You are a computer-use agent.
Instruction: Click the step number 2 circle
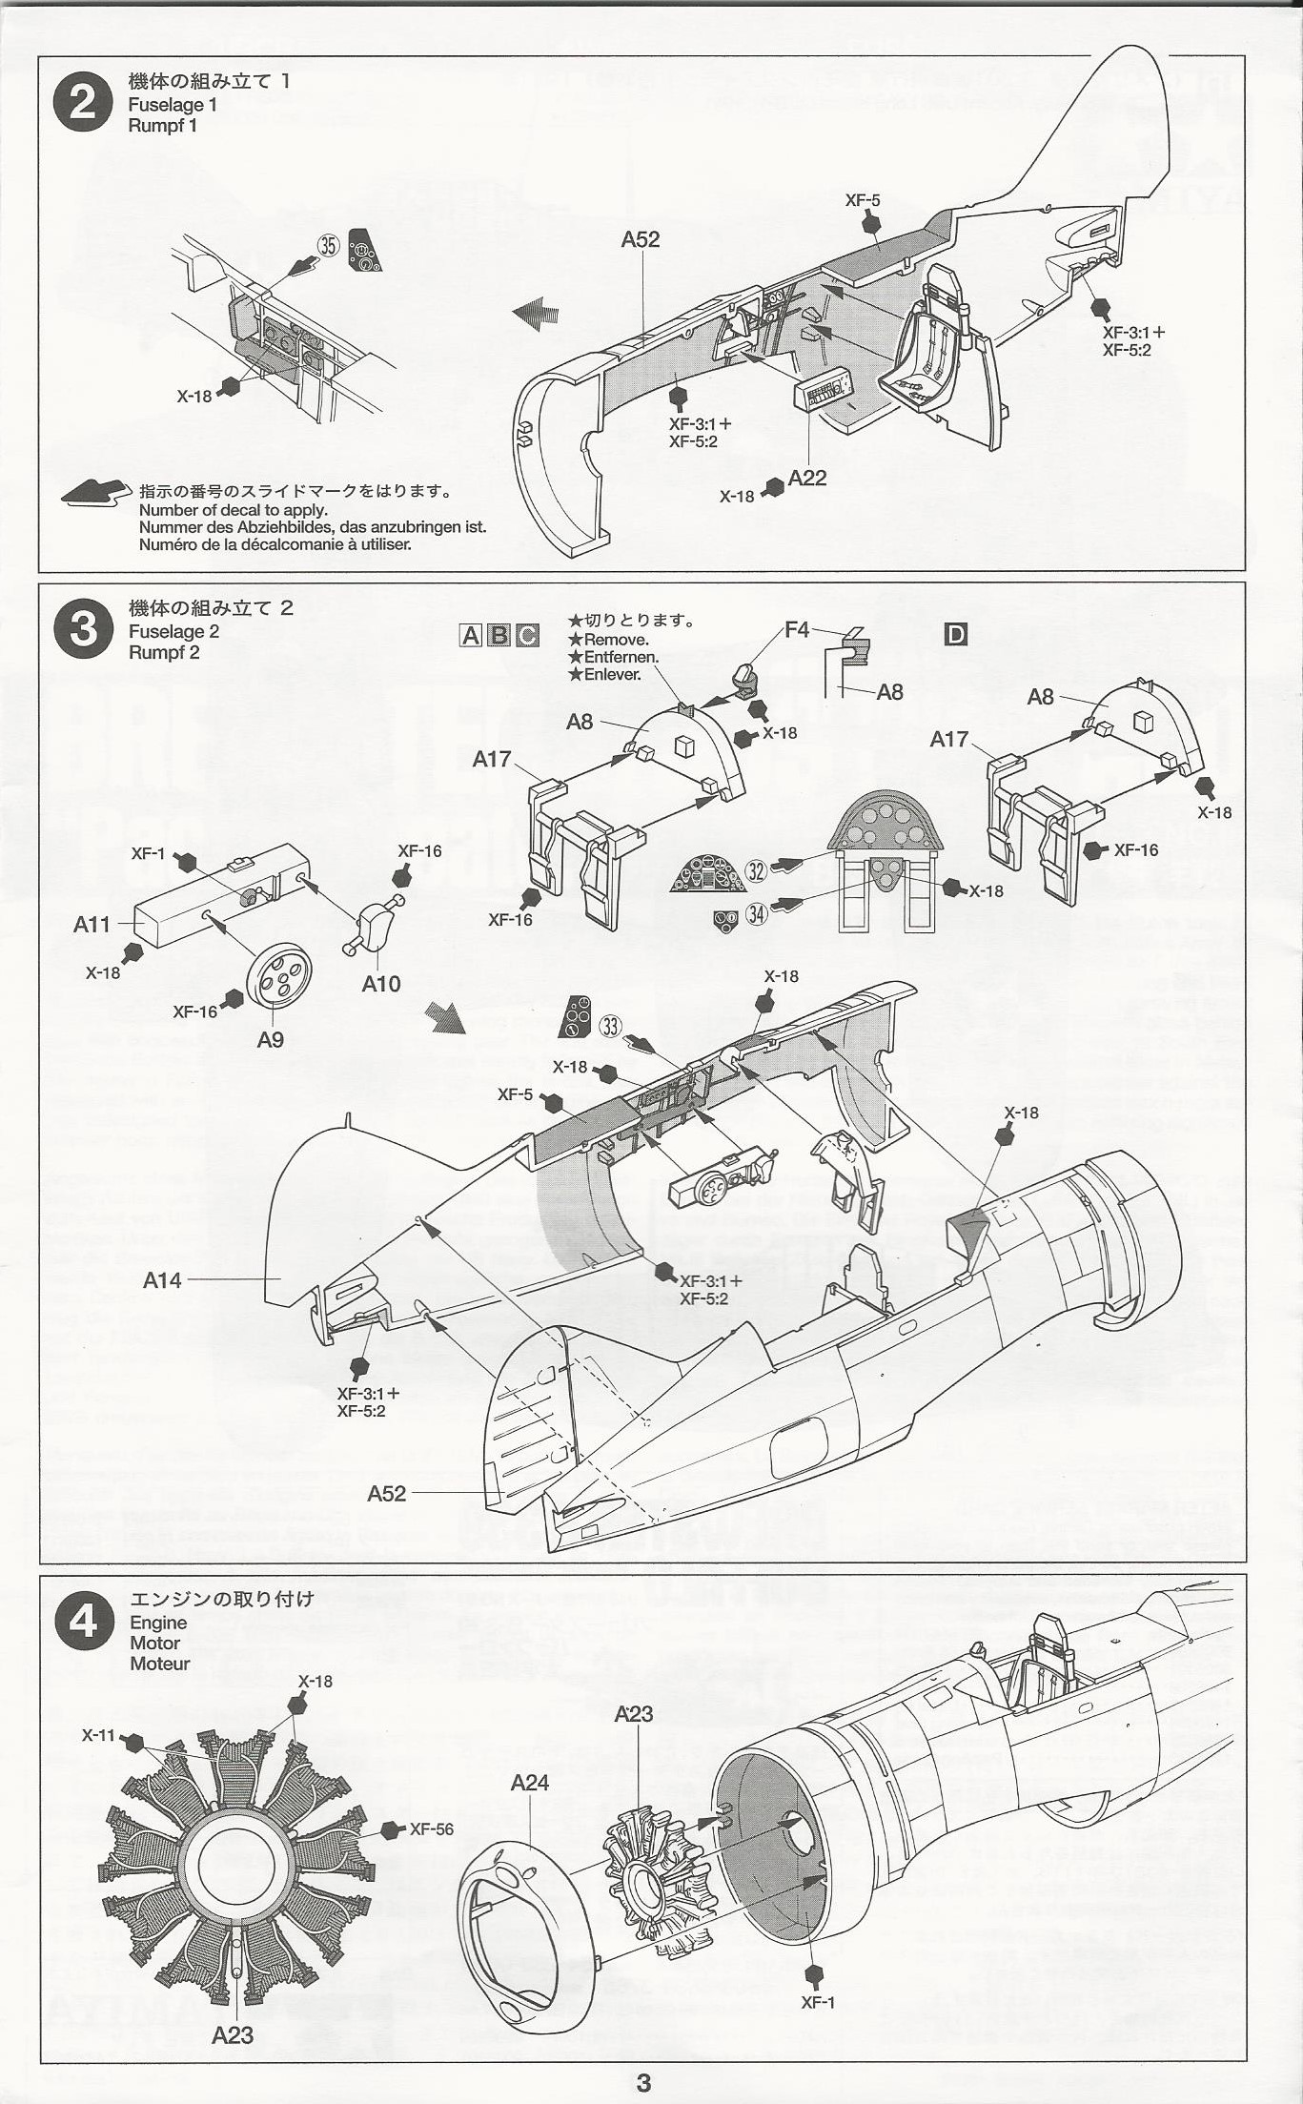84,102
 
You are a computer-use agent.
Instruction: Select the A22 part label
807,478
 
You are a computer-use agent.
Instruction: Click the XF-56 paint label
431,1829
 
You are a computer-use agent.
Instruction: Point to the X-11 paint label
98,1735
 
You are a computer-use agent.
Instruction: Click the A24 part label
529,1782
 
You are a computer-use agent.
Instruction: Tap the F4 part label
797,630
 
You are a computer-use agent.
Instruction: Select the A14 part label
162,1280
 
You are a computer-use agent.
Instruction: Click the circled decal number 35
328,246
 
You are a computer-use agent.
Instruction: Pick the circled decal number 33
610,1027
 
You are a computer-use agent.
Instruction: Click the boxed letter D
955,634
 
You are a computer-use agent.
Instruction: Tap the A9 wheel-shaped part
278,976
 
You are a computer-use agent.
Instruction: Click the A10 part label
381,984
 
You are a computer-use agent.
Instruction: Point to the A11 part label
92,924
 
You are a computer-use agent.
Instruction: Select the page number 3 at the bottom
643,2082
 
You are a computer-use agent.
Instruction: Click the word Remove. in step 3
616,640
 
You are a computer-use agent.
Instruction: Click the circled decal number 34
756,914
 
